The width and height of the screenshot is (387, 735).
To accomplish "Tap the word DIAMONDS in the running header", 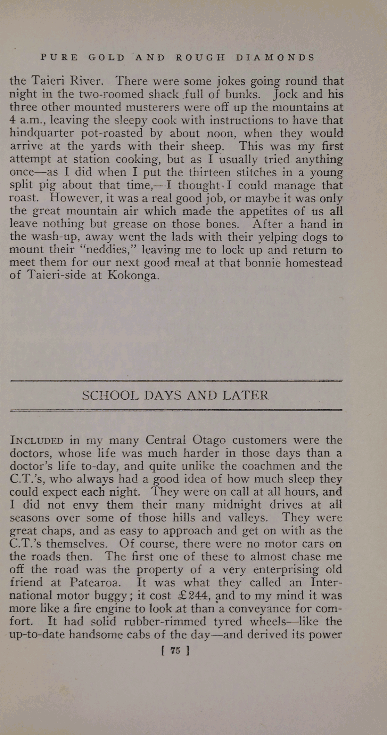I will pos(275,57).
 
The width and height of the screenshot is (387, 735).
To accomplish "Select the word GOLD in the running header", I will pos(106,57).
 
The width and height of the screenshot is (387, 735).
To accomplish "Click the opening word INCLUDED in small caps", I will pos(36,440).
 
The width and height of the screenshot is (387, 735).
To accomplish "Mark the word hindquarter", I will pos(42,133).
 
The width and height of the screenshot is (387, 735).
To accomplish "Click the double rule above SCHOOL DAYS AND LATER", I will pos(176,381).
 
